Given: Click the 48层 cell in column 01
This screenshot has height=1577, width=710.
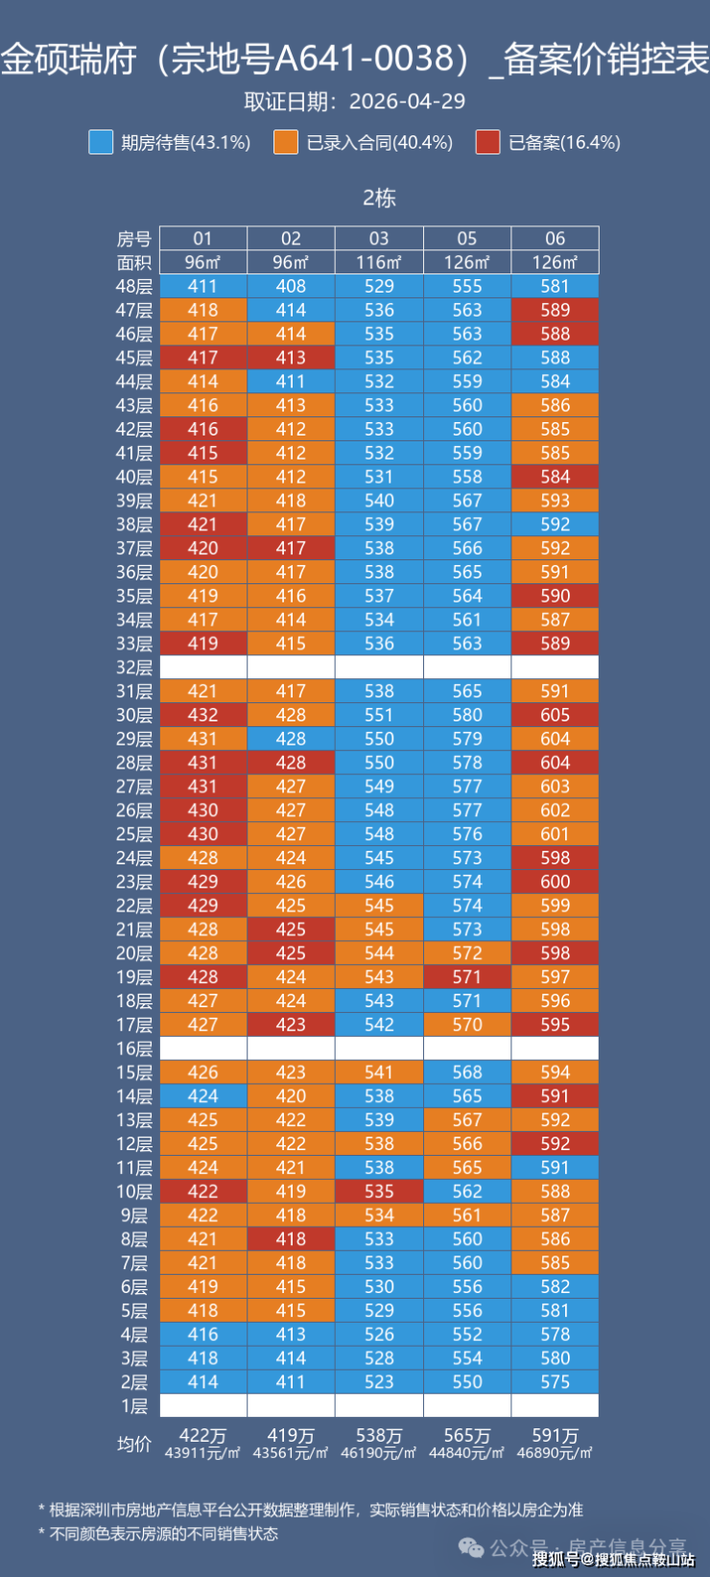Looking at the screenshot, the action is point(202,286).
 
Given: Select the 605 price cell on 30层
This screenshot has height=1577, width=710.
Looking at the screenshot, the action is point(555,715).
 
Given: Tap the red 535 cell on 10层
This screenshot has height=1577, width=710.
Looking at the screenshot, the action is point(379,1191).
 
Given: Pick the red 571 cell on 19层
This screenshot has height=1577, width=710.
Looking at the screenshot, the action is point(467,977).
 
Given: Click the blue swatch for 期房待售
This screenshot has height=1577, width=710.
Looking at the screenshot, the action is point(101,142).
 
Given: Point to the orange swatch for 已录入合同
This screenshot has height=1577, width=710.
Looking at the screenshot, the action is point(286,142).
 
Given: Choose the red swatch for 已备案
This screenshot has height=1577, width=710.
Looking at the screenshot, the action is point(487,142).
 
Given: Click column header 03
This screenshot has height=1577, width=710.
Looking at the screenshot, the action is point(379,238).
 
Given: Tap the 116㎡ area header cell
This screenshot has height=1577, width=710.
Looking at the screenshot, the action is point(379,262).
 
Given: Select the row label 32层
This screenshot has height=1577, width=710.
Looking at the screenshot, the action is point(134,668).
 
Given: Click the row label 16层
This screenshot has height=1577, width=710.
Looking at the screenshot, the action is point(134,1048).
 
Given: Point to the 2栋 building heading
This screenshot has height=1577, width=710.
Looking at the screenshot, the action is point(380,198).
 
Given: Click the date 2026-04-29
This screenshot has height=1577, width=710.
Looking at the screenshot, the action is point(407,102).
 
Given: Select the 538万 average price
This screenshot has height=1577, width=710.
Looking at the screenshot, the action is point(379,1435).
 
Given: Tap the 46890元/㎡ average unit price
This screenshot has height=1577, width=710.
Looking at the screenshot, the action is point(555,1452).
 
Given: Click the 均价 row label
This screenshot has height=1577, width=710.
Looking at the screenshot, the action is point(133,1444).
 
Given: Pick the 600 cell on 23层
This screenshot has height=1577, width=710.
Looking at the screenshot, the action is point(555,882).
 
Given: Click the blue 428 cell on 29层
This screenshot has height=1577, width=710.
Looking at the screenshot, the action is point(291,739).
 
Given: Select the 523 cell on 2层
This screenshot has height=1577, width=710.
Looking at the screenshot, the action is point(379,1381).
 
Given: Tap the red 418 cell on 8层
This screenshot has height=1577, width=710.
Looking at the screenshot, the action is point(291,1238).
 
